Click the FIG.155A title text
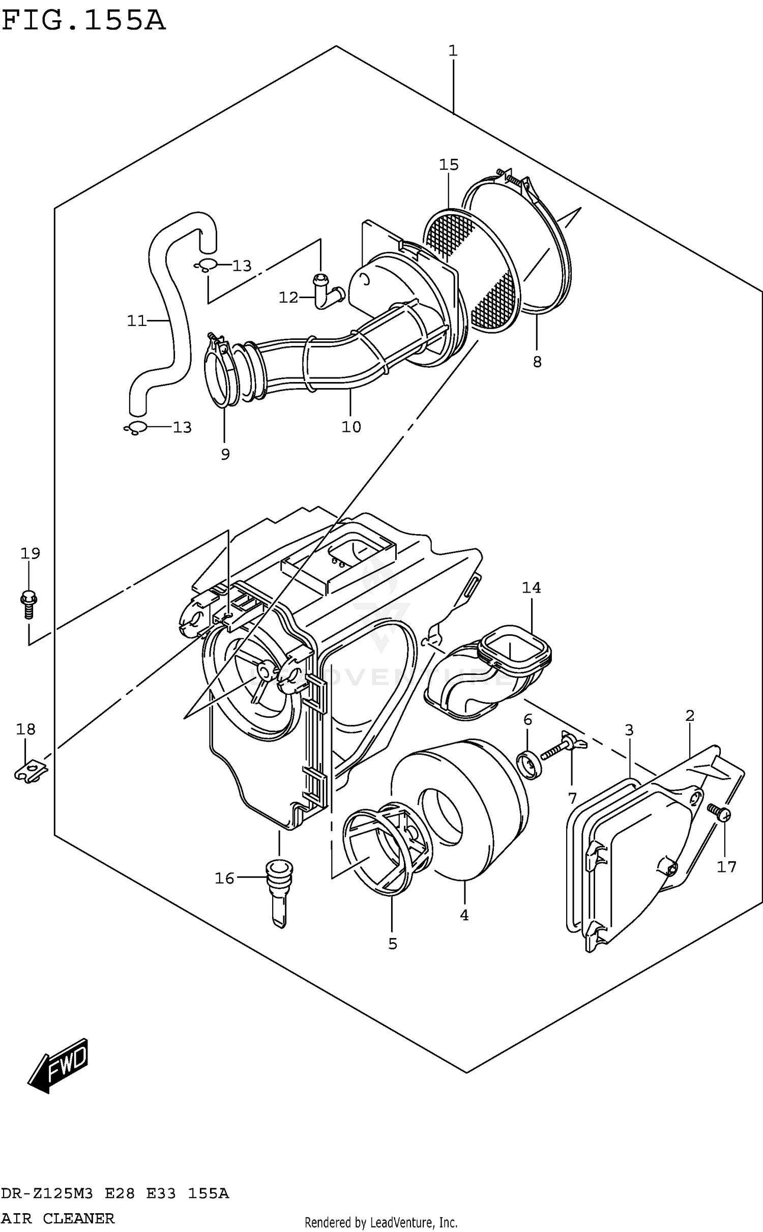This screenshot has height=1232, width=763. point(84,21)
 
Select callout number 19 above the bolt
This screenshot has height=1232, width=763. point(30,553)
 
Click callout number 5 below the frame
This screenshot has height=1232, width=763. point(392,944)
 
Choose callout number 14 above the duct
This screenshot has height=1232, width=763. point(531,588)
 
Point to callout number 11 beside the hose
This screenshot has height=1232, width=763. point(136,320)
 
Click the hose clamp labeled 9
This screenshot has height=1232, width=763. point(221,374)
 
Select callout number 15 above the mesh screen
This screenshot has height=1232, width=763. point(449,164)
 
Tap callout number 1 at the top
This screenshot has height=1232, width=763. point(453,51)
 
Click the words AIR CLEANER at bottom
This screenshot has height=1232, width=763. point(58,1218)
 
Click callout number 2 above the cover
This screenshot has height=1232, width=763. point(689,716)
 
